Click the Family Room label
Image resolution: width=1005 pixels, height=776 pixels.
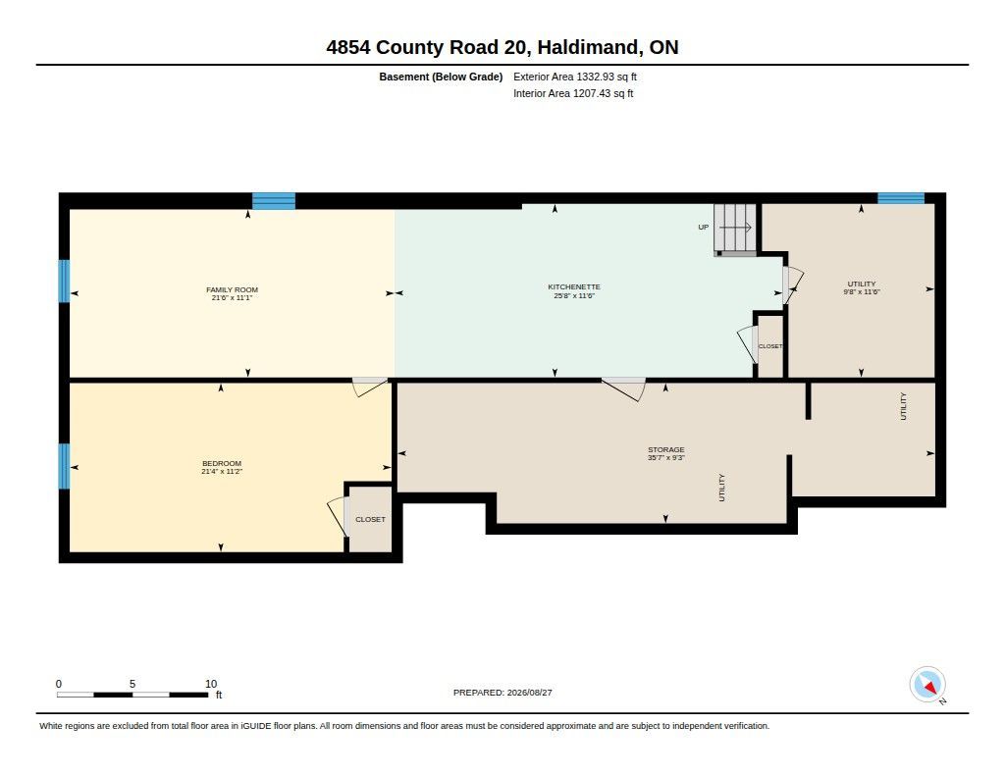click(232, 289)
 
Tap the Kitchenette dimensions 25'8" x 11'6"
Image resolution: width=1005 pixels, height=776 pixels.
click(574, 296)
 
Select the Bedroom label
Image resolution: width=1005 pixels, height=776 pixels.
click(222, 463)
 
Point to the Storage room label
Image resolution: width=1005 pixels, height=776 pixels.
click(666, 450)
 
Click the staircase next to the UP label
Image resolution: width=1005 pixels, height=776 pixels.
click(735, 230)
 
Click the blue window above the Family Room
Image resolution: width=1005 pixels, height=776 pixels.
click(274, 201)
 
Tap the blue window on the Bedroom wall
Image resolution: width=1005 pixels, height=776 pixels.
click(64, 466)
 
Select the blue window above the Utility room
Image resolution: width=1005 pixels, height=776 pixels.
click(901, 198)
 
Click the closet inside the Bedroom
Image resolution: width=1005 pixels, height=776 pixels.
click(370, 519)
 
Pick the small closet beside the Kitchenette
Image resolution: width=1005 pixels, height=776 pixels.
click(770, 346)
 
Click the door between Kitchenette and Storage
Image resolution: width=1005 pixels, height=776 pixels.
click(623, 388)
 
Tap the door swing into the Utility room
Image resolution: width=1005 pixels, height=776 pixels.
click(793, 285)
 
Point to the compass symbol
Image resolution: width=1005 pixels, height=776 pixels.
click(927, 685)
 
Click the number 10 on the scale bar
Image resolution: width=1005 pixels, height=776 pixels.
click(211, 684)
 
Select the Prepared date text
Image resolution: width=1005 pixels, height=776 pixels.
click(502, 693)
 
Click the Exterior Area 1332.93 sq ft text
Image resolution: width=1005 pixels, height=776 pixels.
click(575, 77)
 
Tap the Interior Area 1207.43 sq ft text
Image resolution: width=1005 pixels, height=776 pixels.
click(573, 93)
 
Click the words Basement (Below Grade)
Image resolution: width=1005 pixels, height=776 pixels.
click(441, 77)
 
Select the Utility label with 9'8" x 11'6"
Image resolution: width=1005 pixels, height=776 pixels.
click(862, 287)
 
